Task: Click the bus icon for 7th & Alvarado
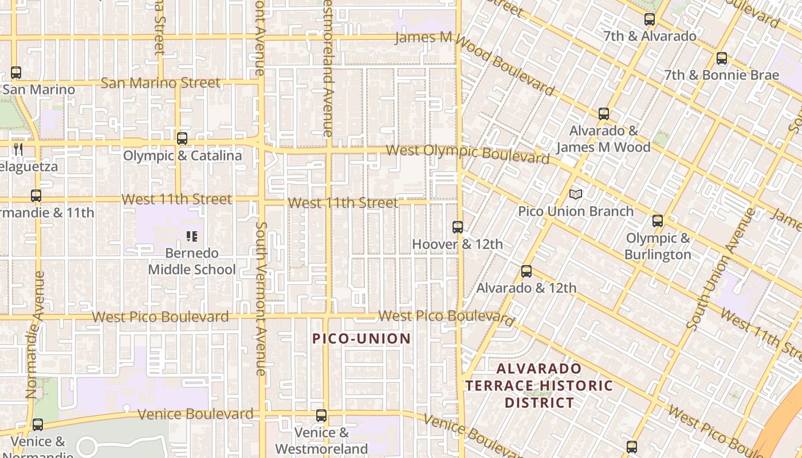(649, 19)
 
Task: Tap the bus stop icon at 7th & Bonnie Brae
(721, 58)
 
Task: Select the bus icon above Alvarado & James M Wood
(603, 114)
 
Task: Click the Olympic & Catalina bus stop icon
(182, 139)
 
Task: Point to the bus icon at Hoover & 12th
(457, 227)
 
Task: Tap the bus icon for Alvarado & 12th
(526, 271)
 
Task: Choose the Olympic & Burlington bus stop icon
(657, 221)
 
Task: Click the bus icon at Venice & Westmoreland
(321, 416)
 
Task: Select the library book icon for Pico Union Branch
(575, 195)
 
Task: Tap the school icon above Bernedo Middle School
(191, 236)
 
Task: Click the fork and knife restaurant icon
(18, 149)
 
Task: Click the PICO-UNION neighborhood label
(361, 338)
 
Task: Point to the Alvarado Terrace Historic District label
(538, 385)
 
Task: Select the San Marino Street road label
(160, 83)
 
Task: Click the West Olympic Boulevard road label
(467, 153)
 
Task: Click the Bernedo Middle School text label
(192, 262)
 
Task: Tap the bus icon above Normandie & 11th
(36, 196)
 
